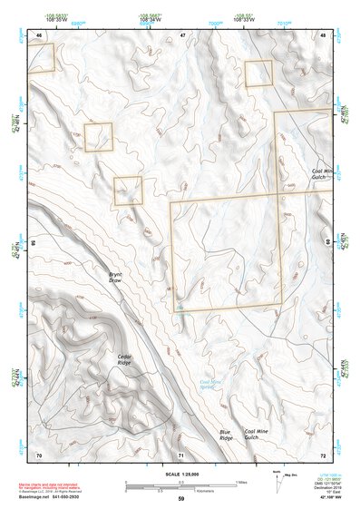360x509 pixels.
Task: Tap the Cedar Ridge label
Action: (x=124, y=359)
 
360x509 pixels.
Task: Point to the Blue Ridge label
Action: (x=226, y=435)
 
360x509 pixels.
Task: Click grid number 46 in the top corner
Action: (x=39, y=34)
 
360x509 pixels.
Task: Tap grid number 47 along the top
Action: (x=181, y=34)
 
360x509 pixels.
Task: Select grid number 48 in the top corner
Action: (x=324, y=34)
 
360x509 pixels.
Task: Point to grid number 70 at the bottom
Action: (x=39, y=454)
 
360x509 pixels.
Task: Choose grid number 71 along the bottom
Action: (x=181, y=454)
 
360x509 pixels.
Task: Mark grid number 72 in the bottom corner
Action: (x=324, y=454)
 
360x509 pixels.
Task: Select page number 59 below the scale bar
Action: (x=180, y=499)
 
